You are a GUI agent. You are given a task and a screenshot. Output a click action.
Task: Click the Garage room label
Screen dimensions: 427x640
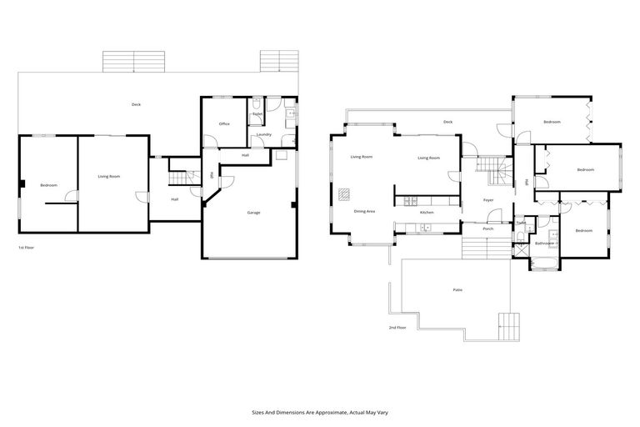(x=253, y=213)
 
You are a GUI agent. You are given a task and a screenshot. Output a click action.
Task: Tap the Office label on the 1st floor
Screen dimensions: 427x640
(x=224, y=124)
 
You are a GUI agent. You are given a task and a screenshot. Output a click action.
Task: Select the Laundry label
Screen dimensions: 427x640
(x=264, y=134)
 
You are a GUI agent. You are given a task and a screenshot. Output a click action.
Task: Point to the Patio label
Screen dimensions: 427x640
(x=457, y=289)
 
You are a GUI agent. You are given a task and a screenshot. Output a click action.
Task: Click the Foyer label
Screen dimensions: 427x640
(x=488, y=200)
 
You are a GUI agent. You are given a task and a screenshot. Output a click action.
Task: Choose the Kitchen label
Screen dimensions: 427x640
(x=427, y=213)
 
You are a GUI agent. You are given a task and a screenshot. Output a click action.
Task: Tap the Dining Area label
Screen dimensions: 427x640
(x=364, y=212)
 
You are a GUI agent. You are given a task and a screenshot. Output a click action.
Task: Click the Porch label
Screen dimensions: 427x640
(x=488, y=229)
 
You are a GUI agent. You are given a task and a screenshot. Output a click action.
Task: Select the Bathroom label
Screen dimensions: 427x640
(x=544, y=244)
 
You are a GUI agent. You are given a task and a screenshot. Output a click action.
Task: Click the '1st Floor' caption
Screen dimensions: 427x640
(x=25, y=249)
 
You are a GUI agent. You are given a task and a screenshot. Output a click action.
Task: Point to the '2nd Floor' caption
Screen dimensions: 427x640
(x=397, y=328)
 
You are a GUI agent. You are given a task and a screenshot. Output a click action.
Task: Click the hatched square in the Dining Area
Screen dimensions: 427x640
(x=343, y=197)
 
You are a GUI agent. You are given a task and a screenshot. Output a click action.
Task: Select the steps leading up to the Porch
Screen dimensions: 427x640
(x=483, y=247)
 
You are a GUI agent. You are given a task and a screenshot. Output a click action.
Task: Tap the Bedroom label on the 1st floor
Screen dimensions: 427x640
(x=48, y=185)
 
